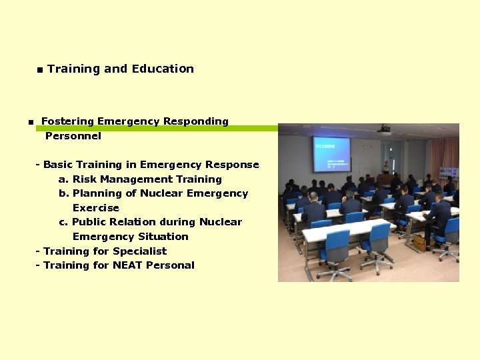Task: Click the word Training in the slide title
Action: (x=73, y=69)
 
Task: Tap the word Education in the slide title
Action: (x=163, y=69)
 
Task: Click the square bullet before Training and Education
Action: (x=40, y=70)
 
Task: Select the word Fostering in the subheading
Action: (x=67, y=121)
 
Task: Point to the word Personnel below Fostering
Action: (x=73, y=136)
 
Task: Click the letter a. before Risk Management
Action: (x=63, y=179)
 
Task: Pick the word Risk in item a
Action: (x=84, y=179)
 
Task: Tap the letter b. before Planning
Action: (x=63, y=193)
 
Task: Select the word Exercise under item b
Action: (x=95, y=208)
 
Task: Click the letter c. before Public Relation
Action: (x=63, y=222)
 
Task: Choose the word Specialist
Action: (x=139, y=251)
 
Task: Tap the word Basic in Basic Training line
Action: (x=58, y=165)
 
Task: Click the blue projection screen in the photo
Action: (x=331, y=154)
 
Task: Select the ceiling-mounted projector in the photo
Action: (x=384, y=130)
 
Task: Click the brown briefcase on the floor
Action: (x=419, y=242)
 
